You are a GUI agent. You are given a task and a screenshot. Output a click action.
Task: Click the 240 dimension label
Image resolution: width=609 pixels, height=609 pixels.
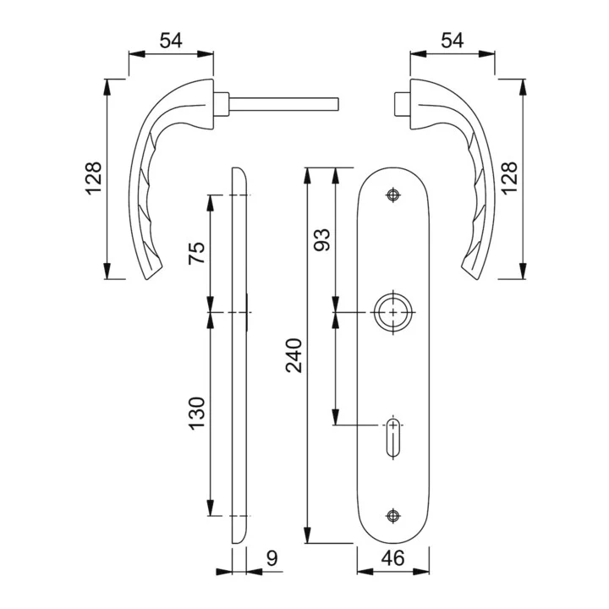(x=294, y=355)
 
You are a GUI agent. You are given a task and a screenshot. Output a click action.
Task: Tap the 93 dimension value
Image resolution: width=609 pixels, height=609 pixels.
(x=322, y=240)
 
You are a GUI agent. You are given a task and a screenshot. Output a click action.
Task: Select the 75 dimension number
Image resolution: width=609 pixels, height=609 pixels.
(x=196, y=253)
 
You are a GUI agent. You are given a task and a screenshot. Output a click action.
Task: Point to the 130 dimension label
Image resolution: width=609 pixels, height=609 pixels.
(x=196, y=413)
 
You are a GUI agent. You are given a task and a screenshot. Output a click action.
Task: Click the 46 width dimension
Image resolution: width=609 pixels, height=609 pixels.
(x=393, y=558)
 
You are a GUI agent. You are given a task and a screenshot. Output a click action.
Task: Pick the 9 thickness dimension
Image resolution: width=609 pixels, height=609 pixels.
(x=272, y=558)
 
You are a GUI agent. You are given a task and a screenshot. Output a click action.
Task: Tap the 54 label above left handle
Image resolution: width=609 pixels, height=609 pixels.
(x=171, y=41)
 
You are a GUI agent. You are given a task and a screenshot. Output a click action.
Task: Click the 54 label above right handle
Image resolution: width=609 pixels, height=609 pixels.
(x=452, y=41)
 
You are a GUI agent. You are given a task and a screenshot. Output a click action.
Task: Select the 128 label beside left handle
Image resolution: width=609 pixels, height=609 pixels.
(x=93, y=178)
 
